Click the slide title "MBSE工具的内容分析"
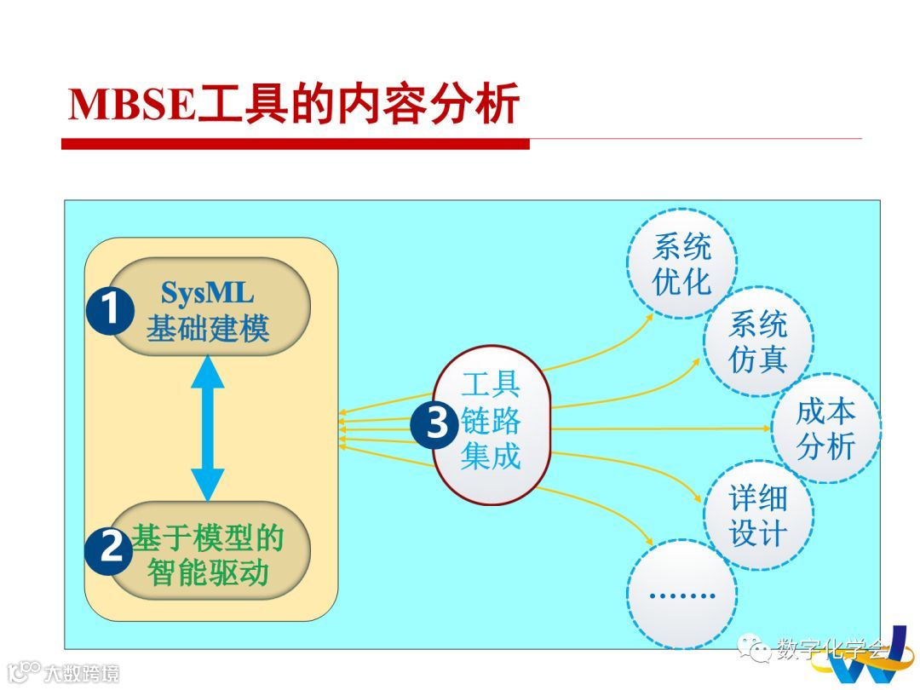[294, 106]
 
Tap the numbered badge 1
[110, 311]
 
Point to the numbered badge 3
[435, 423]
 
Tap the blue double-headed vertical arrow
[207, 428]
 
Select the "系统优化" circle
[681, 265]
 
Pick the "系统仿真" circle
[758, 342]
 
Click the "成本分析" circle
[825, 428]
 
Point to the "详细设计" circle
[758, 515]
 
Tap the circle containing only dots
[681, 593]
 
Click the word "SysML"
[207, 293]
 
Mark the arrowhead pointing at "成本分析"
[764, 428]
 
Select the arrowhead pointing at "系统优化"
[649, 315]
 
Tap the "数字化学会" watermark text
[831, 651]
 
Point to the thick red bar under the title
[295, 144]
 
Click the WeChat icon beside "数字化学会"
[754, 650]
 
